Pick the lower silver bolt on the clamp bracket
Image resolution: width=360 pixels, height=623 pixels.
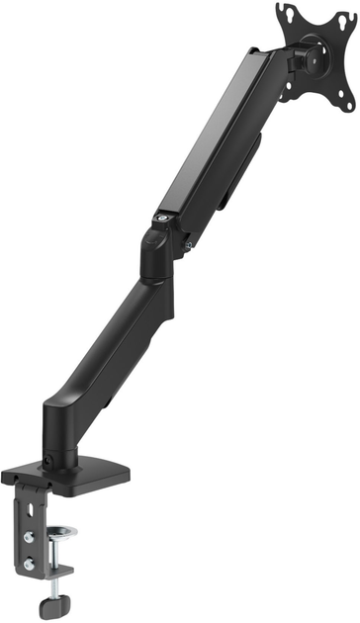(x=31, y=565)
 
